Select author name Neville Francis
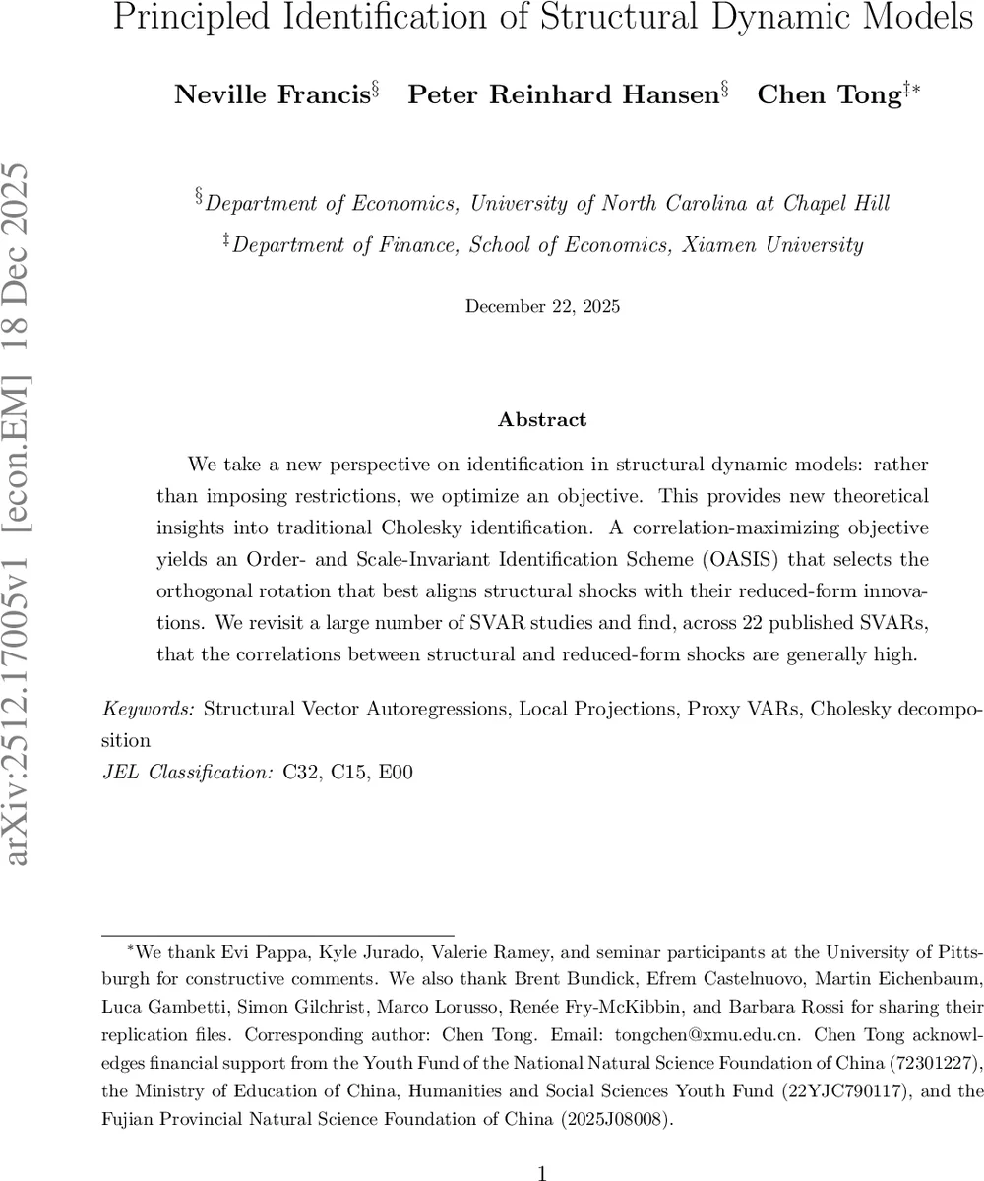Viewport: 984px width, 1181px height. click(271, 94)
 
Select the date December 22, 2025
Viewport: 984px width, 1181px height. click(542, 306)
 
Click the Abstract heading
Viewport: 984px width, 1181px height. click(542, 420)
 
